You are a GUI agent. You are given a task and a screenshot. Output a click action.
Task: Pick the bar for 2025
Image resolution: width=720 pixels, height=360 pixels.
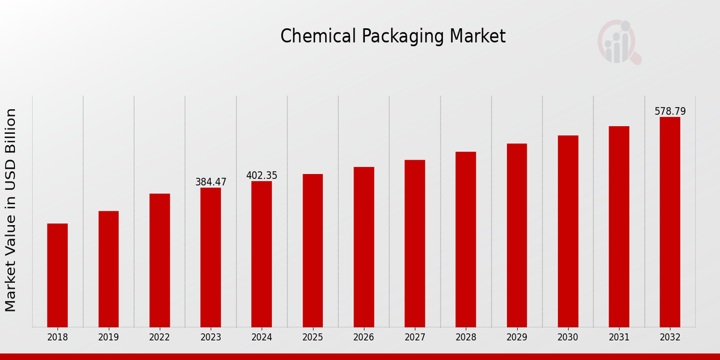point(313,250)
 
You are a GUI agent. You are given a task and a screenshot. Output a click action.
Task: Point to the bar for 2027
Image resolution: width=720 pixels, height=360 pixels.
point(415,243)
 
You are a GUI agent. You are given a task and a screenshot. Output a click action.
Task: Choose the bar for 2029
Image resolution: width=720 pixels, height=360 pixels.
point(517,235)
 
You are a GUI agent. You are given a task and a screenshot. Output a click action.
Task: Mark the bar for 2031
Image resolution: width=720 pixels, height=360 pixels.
point(619,226)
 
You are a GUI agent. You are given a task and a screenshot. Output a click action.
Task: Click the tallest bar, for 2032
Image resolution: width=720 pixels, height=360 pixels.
point(670,222)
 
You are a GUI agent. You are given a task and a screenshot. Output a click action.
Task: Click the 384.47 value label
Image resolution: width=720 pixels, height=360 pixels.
point(211,182)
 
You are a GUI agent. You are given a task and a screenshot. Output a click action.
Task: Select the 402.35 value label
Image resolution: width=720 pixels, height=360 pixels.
point(262,175)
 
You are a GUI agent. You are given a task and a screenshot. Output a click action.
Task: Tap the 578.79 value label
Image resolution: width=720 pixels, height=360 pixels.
point(670,111)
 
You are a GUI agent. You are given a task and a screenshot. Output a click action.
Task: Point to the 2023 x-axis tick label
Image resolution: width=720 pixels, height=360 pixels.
point(211,337)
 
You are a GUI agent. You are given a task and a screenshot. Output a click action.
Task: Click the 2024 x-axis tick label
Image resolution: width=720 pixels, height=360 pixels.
point(262,337)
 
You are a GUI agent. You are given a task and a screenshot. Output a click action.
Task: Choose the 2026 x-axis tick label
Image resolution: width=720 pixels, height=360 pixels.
point(364,337)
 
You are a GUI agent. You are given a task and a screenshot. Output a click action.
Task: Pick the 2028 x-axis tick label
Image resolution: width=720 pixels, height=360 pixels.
point(466,337)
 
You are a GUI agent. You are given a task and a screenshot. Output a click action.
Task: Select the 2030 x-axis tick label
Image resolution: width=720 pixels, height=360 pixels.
point(568,337)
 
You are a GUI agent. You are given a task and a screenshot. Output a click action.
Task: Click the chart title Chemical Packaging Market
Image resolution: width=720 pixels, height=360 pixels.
point(393,37)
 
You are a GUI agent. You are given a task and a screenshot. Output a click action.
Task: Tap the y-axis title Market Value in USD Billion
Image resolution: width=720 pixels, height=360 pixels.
point(11,210)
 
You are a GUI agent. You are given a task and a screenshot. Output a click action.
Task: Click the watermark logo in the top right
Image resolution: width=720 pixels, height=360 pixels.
point(619,42)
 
